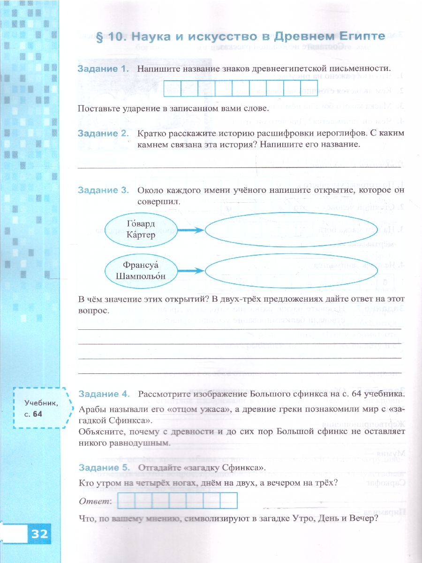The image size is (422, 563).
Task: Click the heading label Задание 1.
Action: (x=103, y=68)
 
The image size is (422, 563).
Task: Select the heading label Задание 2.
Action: (x=103, y=134)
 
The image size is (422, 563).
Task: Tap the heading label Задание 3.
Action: (x=103, y=190)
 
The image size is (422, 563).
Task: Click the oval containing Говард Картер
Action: (x=141, y=229)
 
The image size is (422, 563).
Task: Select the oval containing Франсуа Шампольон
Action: (x=141, y=270)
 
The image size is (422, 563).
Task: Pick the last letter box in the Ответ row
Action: (x=229, y=501)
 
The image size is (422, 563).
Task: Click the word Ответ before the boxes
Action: (x=95, y=502)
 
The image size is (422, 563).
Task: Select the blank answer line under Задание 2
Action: (x=239, y=166)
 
